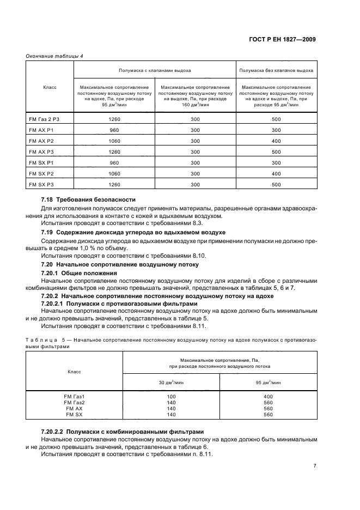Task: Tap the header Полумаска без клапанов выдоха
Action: pos(276,70)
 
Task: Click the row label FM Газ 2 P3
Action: pos(42,119)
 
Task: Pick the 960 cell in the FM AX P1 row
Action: pos(114,130)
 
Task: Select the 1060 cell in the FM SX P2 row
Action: pos(114,173)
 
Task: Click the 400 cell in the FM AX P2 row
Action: pos(276,141)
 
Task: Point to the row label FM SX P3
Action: pos(41,184)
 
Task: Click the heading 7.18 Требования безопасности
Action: pos(88,200)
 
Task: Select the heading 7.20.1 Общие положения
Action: pos(79,272)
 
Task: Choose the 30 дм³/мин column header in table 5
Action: pos(171,381)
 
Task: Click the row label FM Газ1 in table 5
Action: pos(74,396)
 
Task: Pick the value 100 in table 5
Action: pos(171,396)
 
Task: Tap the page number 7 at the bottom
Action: pos(315,466)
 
